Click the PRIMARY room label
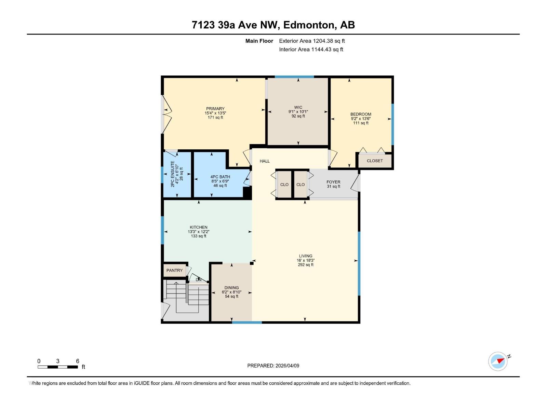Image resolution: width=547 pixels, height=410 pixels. coord(215,109)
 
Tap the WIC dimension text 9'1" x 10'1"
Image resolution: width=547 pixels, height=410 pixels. coord(298,112)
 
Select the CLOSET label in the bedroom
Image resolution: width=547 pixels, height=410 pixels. coord(375,161)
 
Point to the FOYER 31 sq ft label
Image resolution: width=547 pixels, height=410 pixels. coord(333,184)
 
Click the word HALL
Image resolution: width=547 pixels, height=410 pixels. coord(265,161)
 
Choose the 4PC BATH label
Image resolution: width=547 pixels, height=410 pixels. coord(220,177)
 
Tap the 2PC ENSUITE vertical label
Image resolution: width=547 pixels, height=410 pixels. coord(173,174)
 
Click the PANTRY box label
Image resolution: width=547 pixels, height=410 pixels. coord(174,270)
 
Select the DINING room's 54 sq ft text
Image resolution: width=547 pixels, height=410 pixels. coord(231,297)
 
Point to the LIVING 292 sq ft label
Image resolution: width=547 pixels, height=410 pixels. coord(306,260)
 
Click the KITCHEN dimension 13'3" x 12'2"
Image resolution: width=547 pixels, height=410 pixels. coord(198,232)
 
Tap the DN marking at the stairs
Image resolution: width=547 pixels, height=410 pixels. coord(199,280)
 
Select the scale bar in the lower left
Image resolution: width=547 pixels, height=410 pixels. coord(58,367)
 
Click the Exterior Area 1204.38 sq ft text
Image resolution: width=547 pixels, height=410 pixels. coord(312,41)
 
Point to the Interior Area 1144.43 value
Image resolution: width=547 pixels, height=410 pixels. coord(326,50)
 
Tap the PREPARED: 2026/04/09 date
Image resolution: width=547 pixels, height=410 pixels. coord(273,366)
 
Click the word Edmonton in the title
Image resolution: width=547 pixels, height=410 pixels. coord(308,25)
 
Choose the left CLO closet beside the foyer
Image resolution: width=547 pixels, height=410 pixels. coord(284,184)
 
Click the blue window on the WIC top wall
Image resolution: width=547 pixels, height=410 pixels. coord(294,77)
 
